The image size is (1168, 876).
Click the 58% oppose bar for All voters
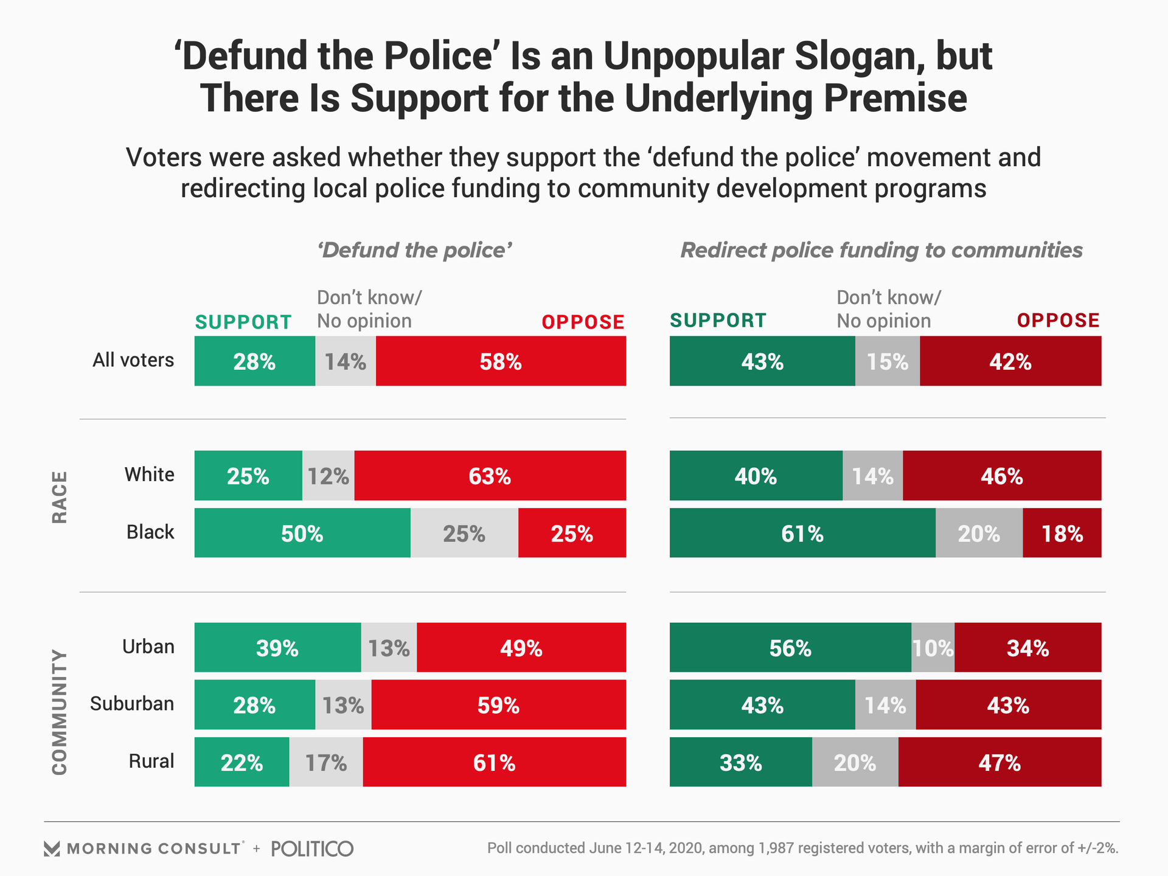pos(501,361)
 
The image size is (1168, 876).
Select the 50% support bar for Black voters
pos(302,534)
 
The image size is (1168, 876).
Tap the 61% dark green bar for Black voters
pos(802,534)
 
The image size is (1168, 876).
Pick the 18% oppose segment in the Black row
pos(1062,534)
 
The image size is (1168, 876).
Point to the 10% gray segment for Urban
pos(933,648)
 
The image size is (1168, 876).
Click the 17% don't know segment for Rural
pos(326,762)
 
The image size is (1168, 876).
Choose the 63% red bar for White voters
pos(490,476)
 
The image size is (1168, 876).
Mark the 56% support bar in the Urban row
pos(790,648)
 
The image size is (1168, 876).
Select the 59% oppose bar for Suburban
pos(498,705)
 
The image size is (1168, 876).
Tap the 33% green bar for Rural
pos(740,762)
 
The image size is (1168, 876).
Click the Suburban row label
pos(132,704)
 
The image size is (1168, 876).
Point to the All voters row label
pos(133,360)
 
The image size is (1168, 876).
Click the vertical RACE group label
pos(59,497)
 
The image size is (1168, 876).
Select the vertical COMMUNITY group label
pos(59,712)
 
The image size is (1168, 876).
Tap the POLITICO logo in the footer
pos(312,849)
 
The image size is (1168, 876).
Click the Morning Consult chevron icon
pos(52,849)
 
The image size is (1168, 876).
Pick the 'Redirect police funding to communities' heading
pos(881,250)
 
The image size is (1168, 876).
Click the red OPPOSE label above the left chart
pos(583,322)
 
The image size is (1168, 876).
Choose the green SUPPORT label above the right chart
pos(718,321)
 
